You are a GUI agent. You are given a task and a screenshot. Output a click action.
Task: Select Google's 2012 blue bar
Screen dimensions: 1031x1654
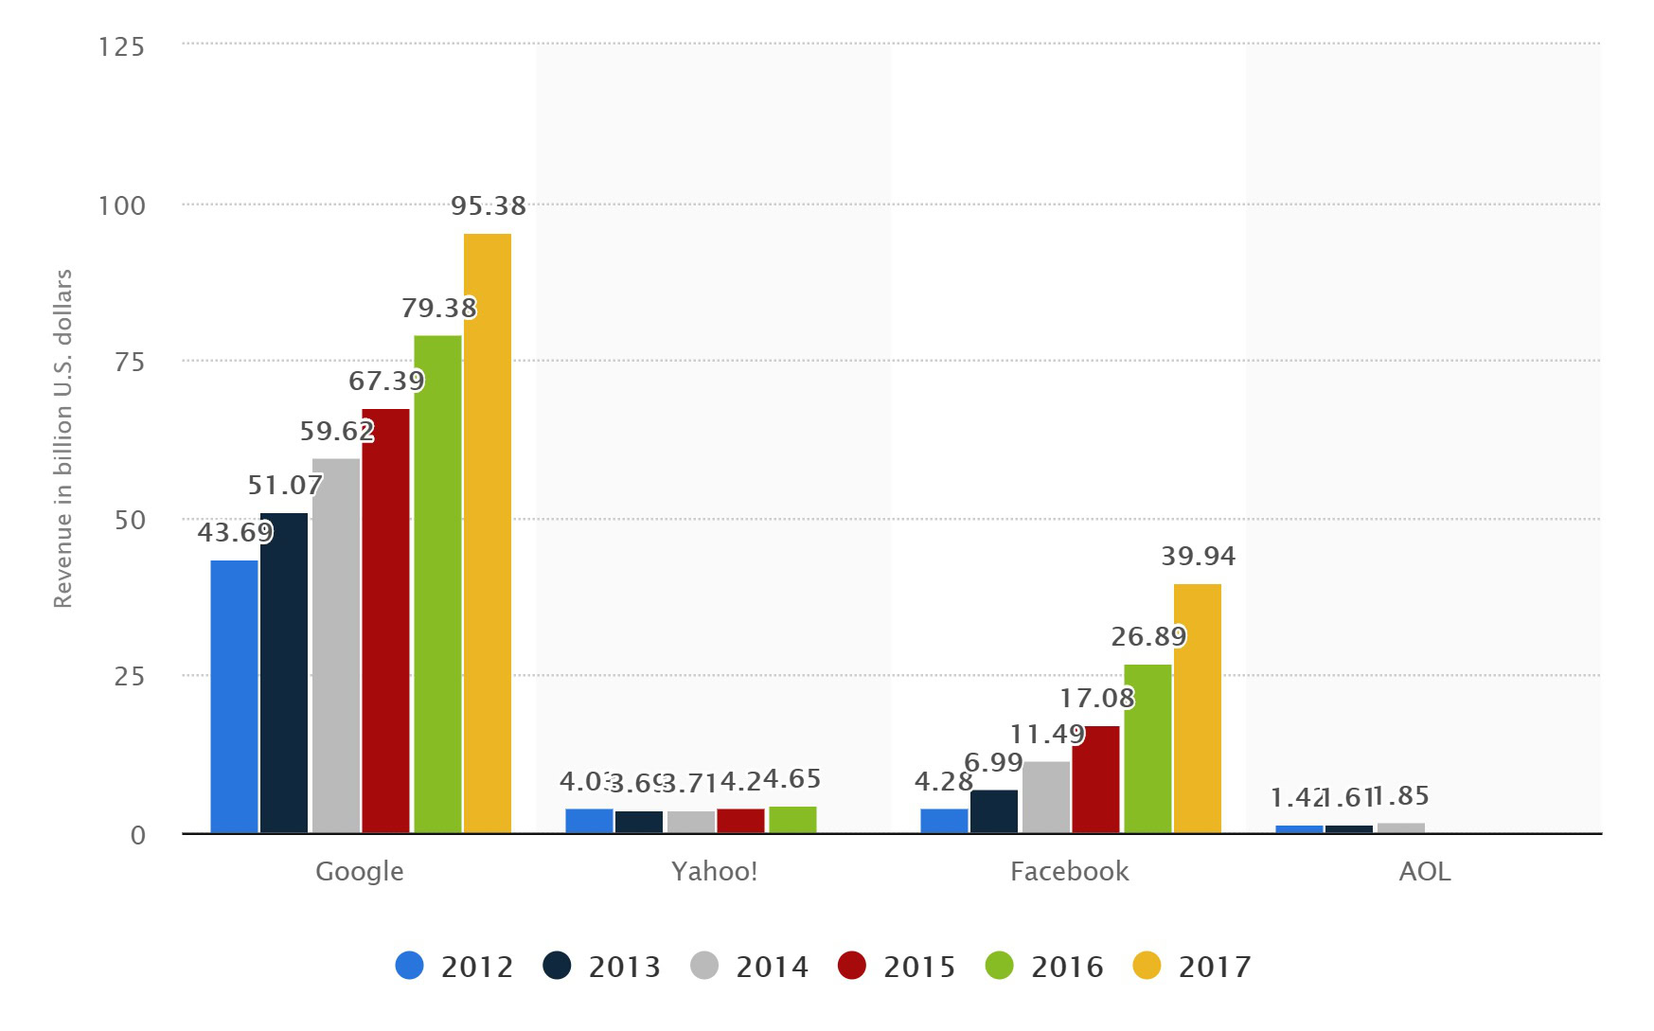pos(234,697)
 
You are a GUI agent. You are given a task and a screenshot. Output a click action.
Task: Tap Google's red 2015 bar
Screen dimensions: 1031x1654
pos(385,621)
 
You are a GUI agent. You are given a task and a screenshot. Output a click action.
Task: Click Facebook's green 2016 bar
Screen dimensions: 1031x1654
pos(1147,749)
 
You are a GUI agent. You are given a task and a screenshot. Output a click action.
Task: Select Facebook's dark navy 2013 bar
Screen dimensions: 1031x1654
pos(994,811)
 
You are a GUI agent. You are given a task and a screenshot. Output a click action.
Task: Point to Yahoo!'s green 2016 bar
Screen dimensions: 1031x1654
pos(792,820)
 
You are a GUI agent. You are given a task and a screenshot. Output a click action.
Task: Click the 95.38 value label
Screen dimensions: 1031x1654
pos(488,205)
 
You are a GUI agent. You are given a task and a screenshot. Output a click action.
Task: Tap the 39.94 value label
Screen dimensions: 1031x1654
pos(1198,556)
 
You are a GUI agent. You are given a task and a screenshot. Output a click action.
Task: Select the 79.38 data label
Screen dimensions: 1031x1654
pos(438,308)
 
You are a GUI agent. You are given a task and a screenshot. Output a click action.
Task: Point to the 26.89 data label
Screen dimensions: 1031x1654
pos(1147,636)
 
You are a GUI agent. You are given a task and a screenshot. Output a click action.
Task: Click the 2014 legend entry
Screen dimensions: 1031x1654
pos(750,967)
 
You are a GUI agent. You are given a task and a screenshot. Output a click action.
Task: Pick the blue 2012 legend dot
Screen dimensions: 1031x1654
pos(409,966)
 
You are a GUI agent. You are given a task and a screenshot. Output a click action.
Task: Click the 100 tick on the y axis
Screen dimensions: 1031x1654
pos(122,205)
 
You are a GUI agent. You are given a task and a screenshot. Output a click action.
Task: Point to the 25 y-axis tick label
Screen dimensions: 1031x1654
pos(130,676)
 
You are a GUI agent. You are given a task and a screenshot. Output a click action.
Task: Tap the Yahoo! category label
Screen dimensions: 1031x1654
pos(714,871)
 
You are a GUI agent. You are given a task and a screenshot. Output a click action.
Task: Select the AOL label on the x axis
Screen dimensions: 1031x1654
pos(1424,871)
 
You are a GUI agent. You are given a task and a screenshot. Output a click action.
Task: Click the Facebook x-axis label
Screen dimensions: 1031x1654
pos(1069,871)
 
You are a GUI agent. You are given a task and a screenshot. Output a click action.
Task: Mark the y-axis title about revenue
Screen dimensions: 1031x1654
pos(62,438)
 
